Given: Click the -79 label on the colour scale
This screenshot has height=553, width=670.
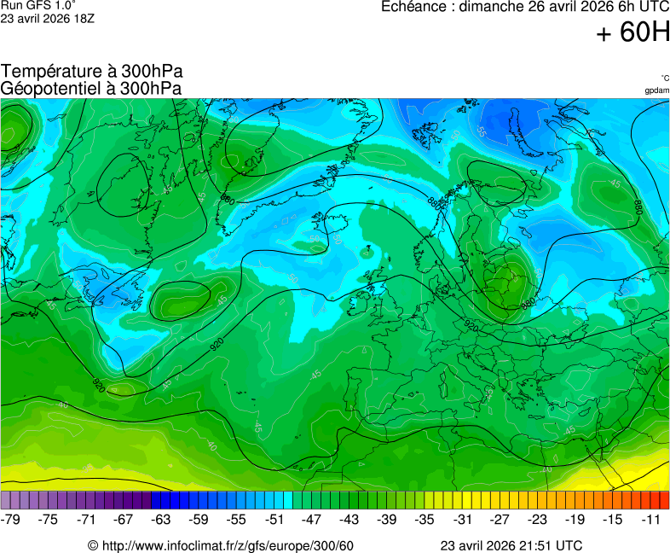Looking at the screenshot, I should [x=12, y=519].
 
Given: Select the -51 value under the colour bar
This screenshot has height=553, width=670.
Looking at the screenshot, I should [x=274, y=519].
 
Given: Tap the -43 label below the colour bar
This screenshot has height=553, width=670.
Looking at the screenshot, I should [x=349, y=519].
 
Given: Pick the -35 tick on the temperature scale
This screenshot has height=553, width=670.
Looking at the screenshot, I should [x=425, y=519].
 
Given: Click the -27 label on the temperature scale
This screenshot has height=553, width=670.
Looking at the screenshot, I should [x=500, y=519].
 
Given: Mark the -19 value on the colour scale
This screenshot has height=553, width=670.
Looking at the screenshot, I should [x=575, y=519].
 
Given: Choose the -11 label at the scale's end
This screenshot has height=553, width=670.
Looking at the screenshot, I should [x=650, y=519].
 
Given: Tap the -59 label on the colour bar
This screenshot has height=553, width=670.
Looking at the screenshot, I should [x=199, y=519].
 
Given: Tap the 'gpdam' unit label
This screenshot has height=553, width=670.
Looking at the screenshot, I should [x=656, y=90].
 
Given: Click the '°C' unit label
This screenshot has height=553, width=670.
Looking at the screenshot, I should [x=664, y=78].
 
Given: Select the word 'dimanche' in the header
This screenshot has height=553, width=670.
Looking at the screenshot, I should [x=491, y=7].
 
